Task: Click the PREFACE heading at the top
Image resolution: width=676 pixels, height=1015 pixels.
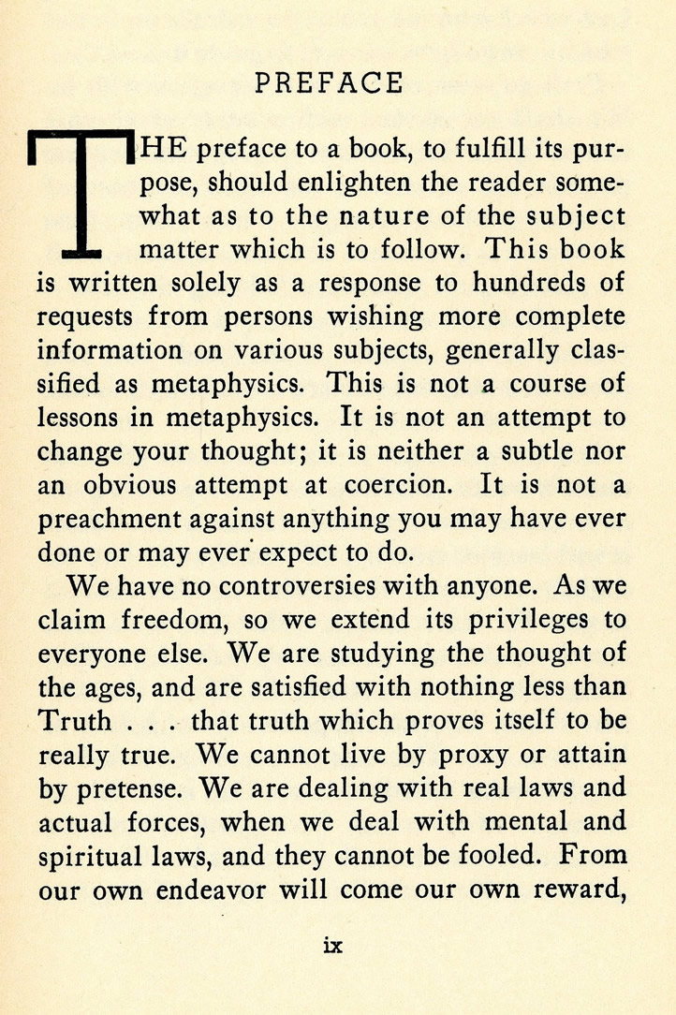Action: [329, 84]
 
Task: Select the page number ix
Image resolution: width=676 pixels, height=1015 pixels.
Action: [332, 946]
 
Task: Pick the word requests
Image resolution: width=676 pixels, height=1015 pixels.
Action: [86, 316]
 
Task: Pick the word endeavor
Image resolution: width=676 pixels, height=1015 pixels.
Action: [220, 889]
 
